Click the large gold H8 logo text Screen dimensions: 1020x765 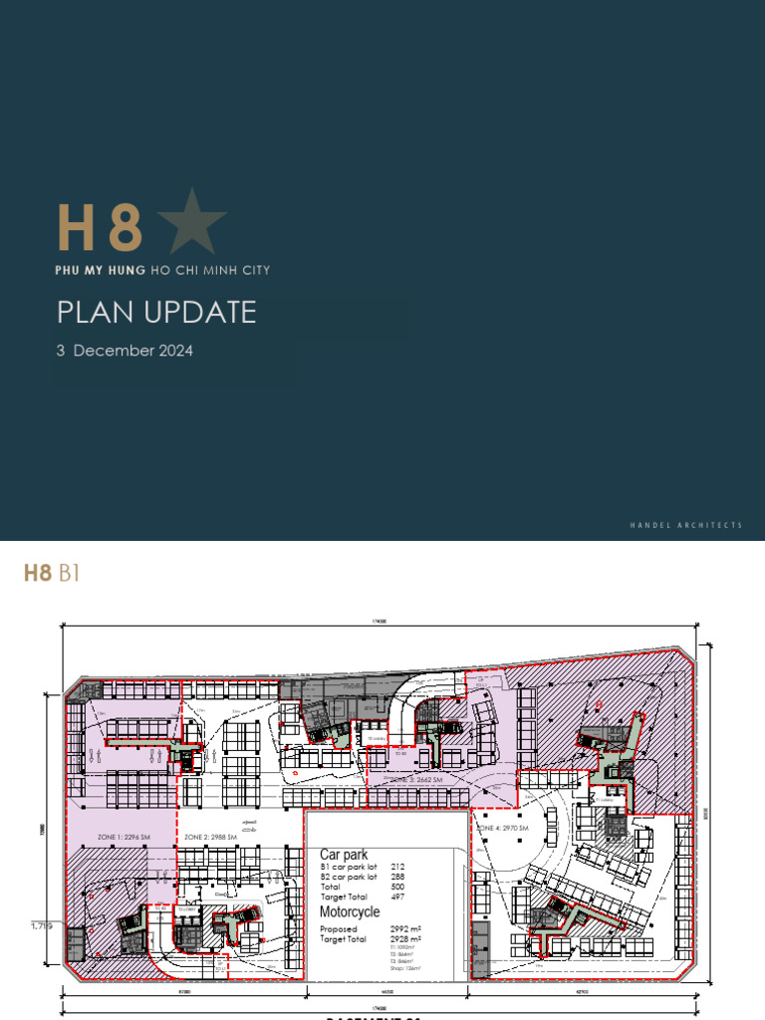point(99,227)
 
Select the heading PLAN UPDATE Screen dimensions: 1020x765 point(156,312)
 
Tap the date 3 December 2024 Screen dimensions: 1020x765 point(125,351)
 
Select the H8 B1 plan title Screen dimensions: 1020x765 point(51,573)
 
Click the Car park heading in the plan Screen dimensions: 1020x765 point(344,855)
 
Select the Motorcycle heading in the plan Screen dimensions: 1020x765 point(349,911)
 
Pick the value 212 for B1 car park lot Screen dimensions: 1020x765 point(398,867)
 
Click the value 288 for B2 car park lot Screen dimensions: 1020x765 point(398,877)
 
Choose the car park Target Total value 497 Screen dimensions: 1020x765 point(398,896)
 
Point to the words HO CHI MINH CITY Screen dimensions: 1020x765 point(208,270)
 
